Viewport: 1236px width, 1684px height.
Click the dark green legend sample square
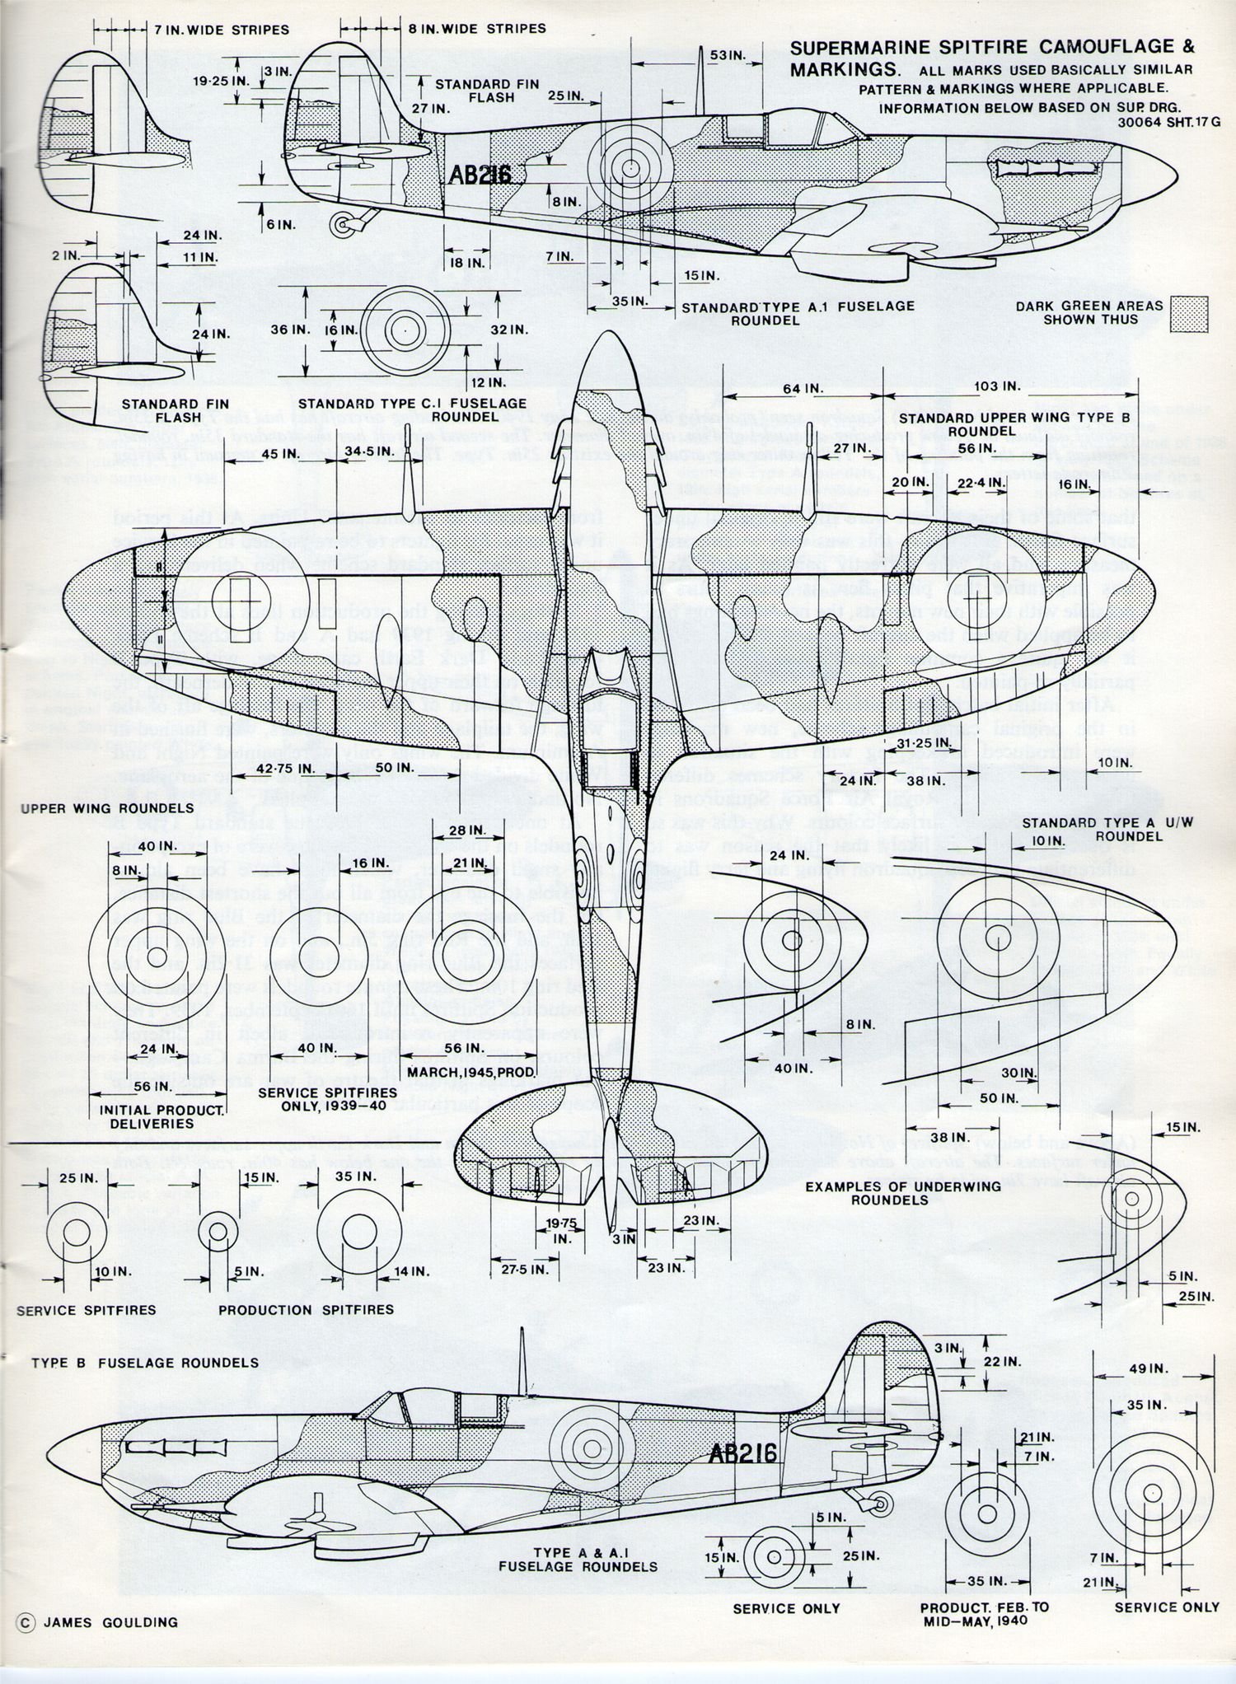[1189, 314]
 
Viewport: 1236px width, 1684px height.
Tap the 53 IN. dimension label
[727, 55]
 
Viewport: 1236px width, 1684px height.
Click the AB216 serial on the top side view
[480, 175]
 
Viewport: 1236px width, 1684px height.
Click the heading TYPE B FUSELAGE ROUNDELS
[145, 1363]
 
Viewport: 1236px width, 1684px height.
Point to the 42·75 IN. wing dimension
[283, 768]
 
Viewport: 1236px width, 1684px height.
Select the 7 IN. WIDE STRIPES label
[222, 30]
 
